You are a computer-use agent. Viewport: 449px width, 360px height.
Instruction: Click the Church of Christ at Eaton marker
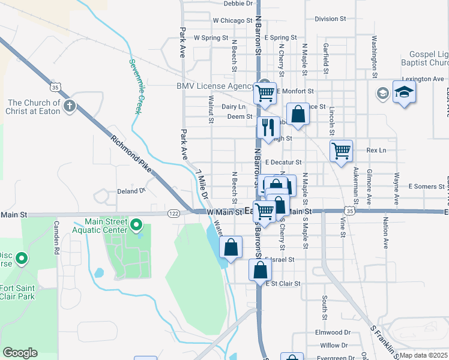(70, 107)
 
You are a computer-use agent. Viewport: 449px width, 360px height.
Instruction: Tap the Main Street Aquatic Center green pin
(136, 226)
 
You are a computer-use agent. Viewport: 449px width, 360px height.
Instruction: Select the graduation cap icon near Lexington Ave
(405, 92)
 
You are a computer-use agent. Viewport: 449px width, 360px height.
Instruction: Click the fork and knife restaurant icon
(268, 127)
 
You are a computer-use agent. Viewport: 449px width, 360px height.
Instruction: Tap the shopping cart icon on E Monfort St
(265, 93)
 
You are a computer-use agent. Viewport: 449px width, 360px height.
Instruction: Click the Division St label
(330, 19)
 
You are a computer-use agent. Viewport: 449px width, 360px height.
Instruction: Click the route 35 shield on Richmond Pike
(55, 87)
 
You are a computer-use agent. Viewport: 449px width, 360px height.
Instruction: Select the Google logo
(20, 353)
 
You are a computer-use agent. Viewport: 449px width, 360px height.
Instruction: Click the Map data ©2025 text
(423, 355)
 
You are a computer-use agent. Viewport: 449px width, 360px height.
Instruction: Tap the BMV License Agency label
(215, 86)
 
